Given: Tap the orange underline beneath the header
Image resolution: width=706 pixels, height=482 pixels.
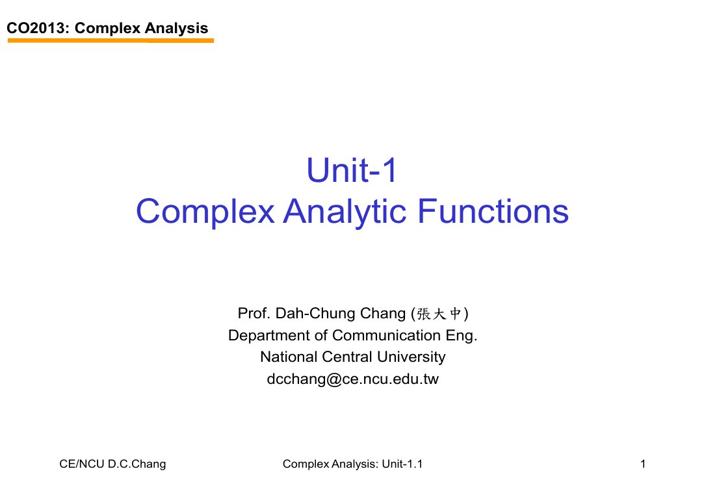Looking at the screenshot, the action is pos(111,40).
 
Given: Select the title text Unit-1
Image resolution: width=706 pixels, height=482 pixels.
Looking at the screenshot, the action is pos(352,170).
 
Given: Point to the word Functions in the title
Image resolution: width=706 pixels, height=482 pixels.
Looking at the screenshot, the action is pos(493,211).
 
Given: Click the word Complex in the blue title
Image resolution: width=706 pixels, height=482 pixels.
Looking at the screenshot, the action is pos(205,212).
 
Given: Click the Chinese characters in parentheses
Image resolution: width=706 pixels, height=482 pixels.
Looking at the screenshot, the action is pos(439,314).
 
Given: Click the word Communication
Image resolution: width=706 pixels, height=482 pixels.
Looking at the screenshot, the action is pos(386,335).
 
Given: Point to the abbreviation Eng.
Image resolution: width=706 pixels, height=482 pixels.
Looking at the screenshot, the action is pos(462,336).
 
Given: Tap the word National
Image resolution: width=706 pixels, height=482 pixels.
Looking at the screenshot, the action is pos(289,357).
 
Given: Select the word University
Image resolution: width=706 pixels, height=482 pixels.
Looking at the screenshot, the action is pos(412,357).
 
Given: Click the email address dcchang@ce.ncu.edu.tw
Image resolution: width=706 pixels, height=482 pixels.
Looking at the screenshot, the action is pos(352,379).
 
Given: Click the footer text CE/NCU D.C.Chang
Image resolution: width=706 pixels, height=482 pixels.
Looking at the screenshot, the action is pos(112,464).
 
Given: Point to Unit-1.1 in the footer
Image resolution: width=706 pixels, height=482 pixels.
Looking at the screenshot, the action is pos(402,464).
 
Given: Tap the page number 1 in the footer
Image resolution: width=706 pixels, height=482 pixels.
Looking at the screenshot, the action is pos(643,464).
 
